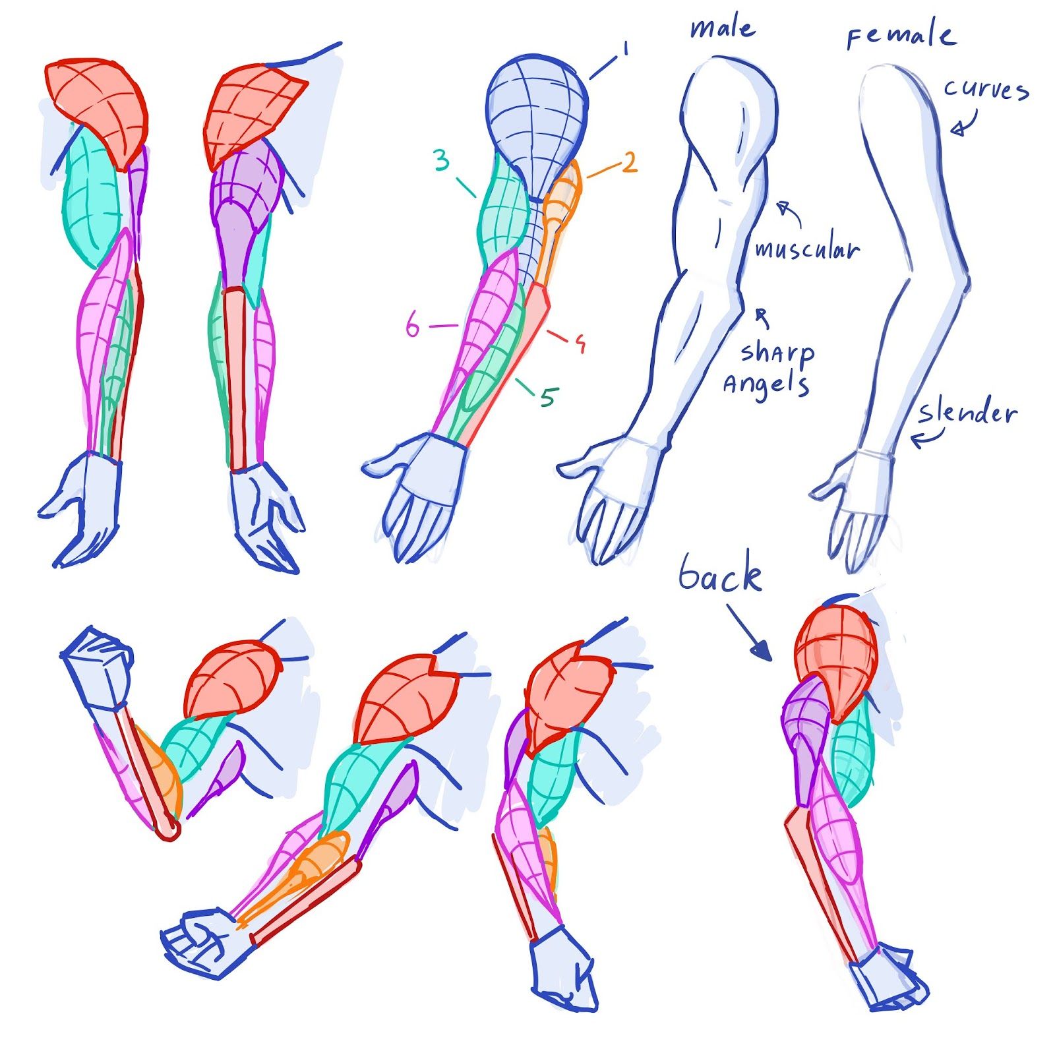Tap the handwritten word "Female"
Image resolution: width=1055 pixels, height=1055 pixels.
click(x=901, y=36)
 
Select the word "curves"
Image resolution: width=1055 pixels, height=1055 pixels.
click(x=986, y=89)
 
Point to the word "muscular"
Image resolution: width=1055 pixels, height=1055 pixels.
click(x=807, y=249)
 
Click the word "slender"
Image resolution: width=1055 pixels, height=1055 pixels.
click(x=968, y=413)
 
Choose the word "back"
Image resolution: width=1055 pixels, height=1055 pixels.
click(x=720, y=575)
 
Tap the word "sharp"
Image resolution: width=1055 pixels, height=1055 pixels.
click(x=777, y=353)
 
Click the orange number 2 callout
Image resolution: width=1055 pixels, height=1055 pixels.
click(x=630, y=162)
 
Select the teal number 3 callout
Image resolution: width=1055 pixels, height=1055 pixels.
click(x=442, y=160)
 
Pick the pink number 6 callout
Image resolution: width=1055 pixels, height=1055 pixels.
click(x=413, y=326)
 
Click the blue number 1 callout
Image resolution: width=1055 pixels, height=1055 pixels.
click(x=624, y=49)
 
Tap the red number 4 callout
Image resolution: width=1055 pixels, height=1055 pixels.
click(x=580, y=343)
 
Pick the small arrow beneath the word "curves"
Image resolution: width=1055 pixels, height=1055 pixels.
click(x=963, y=125)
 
